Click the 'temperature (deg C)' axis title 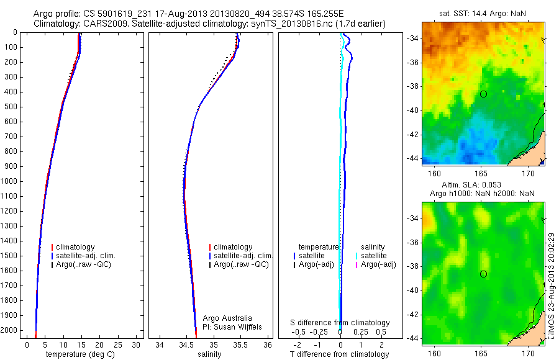[x=79, y=354]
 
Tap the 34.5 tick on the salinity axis [x=186, y=344]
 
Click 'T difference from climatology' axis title [x=339, y=354]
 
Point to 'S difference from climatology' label [x=340, y=323]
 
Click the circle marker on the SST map [x=483, y=94]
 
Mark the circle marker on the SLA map [x=483, y=274]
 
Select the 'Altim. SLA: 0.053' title [x=483, y=185]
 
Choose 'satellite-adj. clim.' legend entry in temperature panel [x=88, y=256]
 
